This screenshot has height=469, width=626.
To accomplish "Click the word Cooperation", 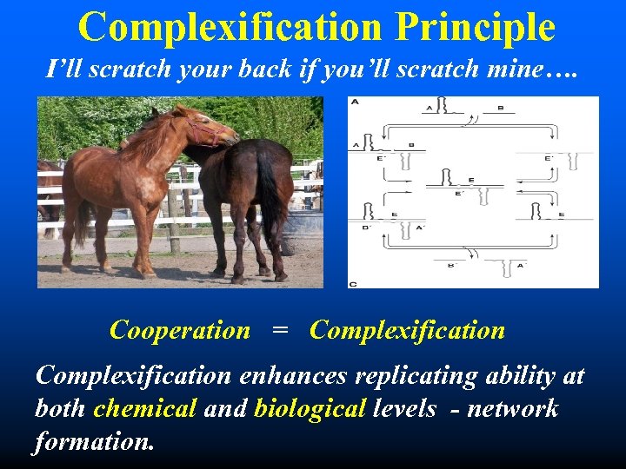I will tap(180, 330).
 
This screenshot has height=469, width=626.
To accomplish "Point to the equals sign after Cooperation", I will tap(279, 331).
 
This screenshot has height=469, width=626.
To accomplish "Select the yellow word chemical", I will tap(145, 408).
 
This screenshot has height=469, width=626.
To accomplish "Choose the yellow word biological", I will tap(309, 408).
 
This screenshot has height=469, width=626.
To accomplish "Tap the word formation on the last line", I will tap(94, 441).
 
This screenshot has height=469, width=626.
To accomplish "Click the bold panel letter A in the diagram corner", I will tap(354, 102).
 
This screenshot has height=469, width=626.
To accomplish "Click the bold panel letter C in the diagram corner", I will tap(353, 283).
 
